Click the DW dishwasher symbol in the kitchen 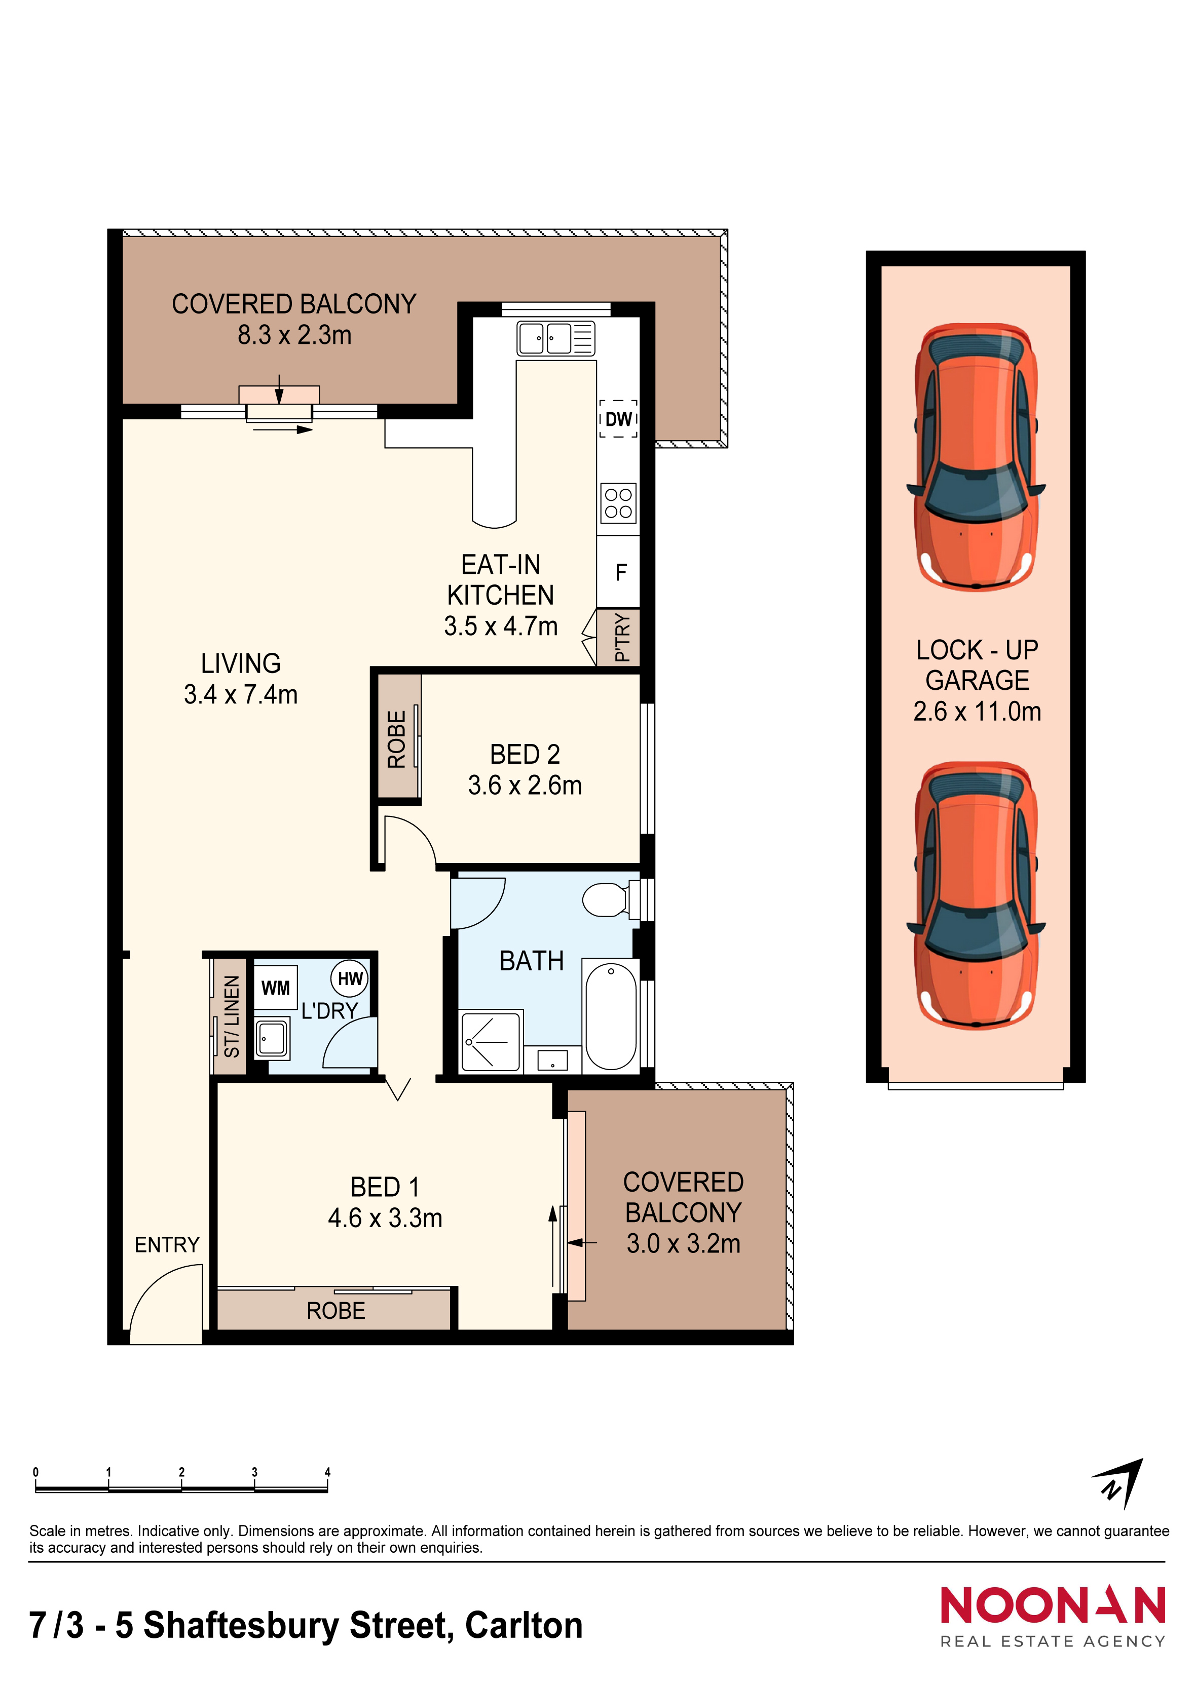pos(618,418)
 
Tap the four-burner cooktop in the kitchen pos(618,503)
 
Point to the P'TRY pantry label pos(622,638)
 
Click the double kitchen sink pos(555,339)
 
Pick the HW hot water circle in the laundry pos(350,978)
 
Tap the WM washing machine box pos(276,988)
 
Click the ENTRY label pos(167,1245)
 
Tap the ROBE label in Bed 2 pos(396,739)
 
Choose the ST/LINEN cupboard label pos(232,1016)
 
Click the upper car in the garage pos(976,456)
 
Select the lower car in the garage pos(976,895)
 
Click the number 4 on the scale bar pos(327,1472)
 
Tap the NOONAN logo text pos(1053,1605)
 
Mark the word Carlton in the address pos(524,1626)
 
